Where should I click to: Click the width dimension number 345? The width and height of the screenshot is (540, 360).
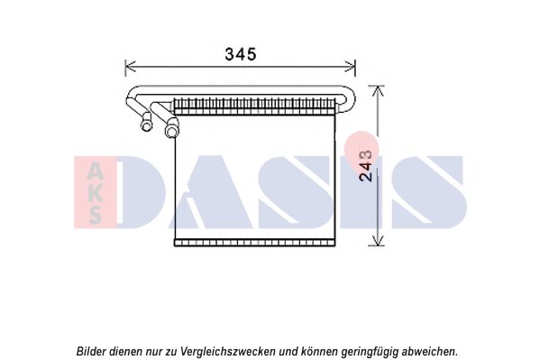[241, 54]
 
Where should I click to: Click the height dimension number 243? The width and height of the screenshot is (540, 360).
[366, 165]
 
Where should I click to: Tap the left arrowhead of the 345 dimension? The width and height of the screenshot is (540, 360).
[130, 66]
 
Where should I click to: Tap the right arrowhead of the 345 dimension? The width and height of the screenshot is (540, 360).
[351, 66]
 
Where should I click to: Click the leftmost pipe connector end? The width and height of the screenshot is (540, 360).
[146, 125]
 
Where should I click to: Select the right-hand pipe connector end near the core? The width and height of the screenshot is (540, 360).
[171, 130]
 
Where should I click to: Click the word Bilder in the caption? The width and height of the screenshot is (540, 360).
[91, 351]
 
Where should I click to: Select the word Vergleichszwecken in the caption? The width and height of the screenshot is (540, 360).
[228, 352]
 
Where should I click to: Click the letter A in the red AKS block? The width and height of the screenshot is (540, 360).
[95, 171]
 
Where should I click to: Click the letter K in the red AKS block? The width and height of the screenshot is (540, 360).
[95, 194]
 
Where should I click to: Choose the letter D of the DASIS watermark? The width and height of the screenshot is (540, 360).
[142, 191]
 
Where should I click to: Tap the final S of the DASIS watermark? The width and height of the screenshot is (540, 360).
[430, 191]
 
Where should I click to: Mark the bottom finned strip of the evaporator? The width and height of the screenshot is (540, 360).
[254, 243]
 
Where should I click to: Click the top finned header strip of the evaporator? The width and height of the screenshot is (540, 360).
[254, 106]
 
